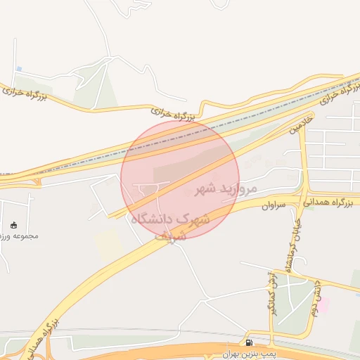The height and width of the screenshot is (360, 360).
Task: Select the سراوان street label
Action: coord(276,205)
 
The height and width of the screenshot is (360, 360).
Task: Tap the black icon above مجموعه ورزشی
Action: coord(14,225)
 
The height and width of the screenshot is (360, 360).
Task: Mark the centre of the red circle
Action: coord(180,179)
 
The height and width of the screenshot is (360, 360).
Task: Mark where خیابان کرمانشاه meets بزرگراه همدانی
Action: coord(304,200)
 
